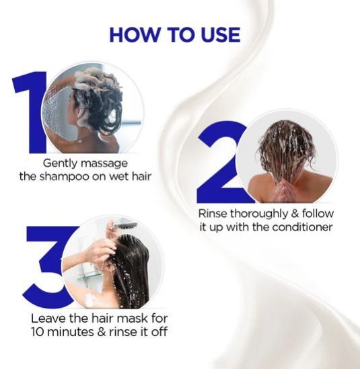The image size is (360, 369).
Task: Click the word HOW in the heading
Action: point(135,35)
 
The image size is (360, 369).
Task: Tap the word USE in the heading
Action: point(220,35)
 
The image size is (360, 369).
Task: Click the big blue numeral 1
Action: point(31,112)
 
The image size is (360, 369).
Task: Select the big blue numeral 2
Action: point(219,163)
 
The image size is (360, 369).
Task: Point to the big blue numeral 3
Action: point(47,267)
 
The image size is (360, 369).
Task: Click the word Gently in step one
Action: point(59,164)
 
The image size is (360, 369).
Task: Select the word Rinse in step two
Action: point(213,214)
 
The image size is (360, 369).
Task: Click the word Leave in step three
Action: point(48,319)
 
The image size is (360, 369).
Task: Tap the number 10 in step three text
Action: point(39,332)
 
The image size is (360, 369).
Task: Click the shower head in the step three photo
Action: point(126,225)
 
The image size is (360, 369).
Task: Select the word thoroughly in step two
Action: point(258,214)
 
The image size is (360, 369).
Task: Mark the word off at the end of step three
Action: point(159,332)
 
